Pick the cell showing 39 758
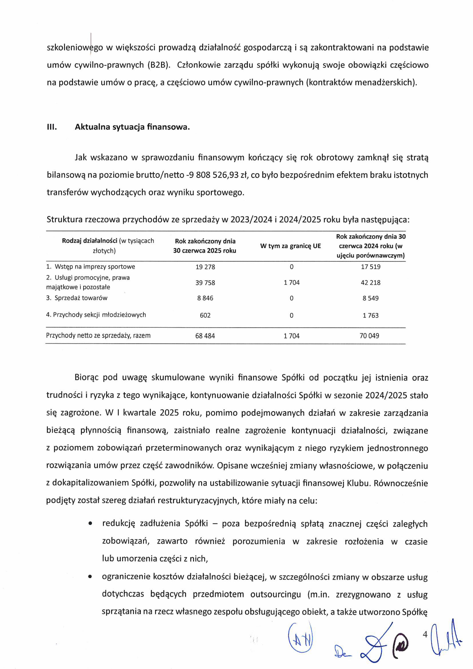[x=205, y=283]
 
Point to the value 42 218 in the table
[x=370, y=283]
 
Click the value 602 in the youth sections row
[x=205, y=315]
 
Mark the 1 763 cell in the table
[x=370, y=315]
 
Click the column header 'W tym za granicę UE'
[x=290, y=246]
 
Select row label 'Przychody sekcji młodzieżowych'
[x=99, y=315]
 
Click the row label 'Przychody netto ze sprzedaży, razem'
[x=98, y=336]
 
